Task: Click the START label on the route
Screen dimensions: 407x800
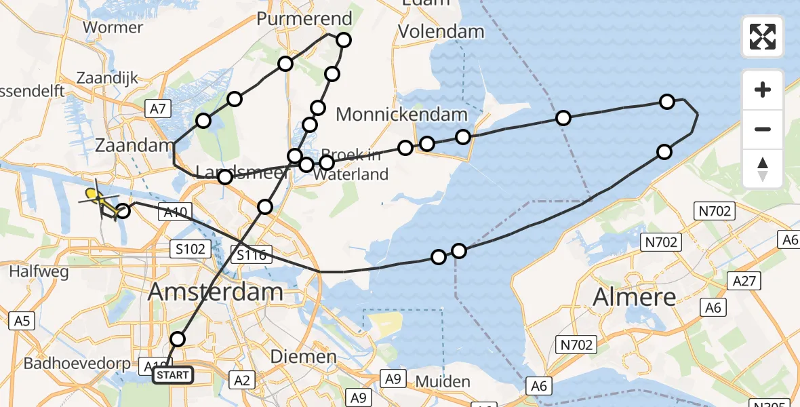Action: point(173,375)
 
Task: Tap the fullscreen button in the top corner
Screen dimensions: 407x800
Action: point(763,37)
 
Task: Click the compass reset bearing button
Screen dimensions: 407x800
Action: point(763,168)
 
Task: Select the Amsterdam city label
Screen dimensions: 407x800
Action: point(215,292)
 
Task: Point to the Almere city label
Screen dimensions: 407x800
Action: point(635,296)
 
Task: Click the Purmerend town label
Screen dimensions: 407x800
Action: point(304,18)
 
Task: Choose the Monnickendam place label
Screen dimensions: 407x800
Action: point(401,115)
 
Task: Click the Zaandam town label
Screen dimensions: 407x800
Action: point(135,146)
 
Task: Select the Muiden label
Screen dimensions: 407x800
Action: point(442,381)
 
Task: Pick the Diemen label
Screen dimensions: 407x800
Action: point(303,356)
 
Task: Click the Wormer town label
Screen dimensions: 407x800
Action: point(113,28)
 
